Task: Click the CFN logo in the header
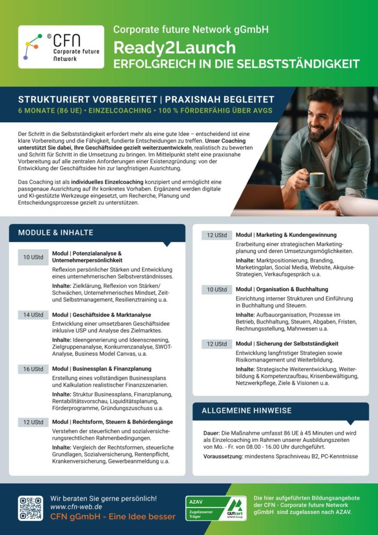[x=61, y=47]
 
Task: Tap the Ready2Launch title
[x=174, y=48]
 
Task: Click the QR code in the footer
[x=31, y=508]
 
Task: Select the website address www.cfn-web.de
[x=76, y=507]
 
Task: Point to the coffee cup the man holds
[x=316, y=180]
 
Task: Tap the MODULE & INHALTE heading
[x=56, y=232]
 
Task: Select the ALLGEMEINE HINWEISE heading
[x=246, y=411]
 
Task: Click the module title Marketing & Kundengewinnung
[x=286, y=235]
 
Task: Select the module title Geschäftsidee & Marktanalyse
[x=101, y=315]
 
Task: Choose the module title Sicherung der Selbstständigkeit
[x=287, y=344]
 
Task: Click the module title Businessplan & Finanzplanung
[x=101, y=369]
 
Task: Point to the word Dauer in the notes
[x=212, y=433]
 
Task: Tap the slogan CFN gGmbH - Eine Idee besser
[x=113, y=517]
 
